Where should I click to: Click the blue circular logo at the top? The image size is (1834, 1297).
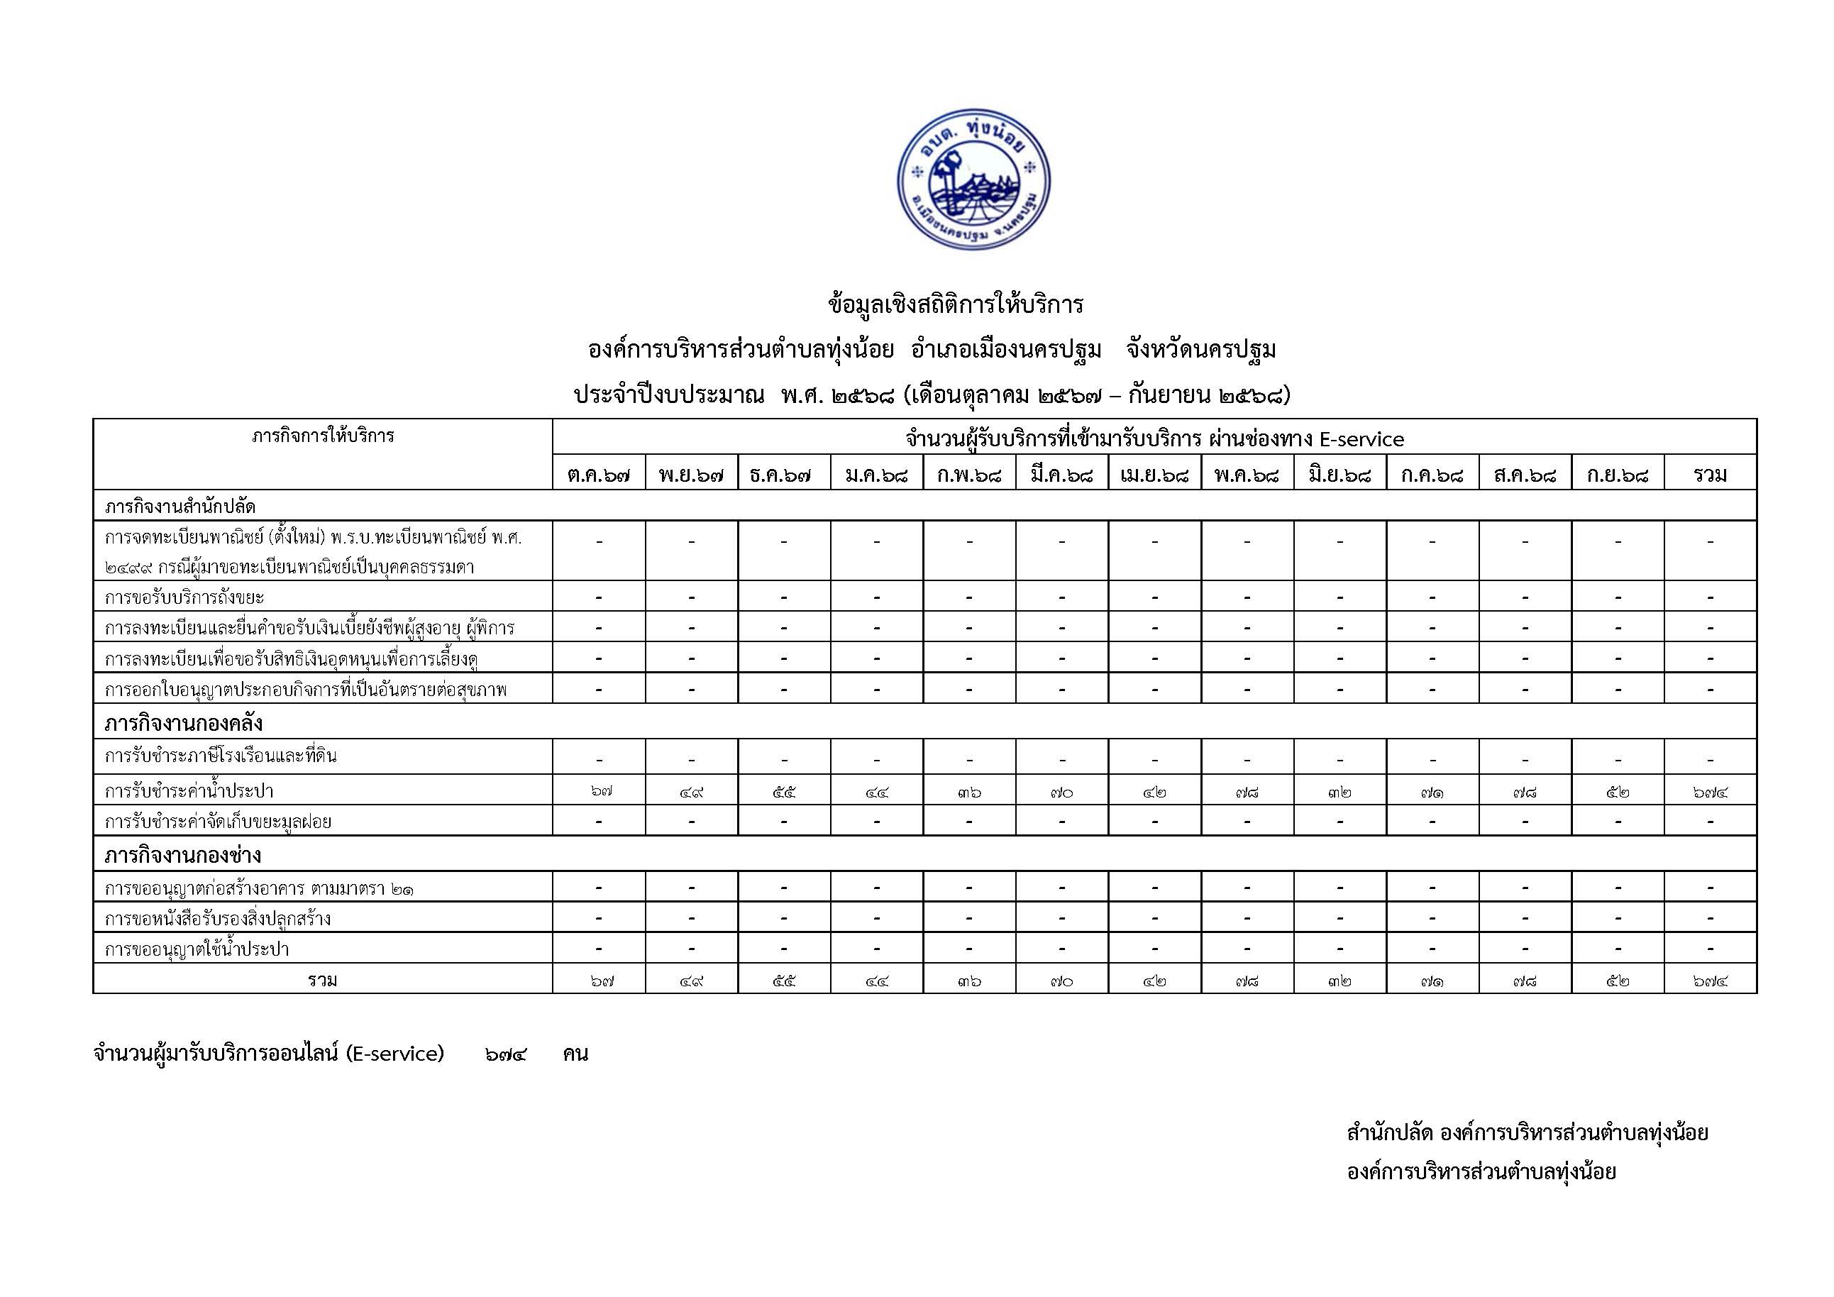(973, 179)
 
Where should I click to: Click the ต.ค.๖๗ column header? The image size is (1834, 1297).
(598, 475)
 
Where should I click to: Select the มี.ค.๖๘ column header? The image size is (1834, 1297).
(1061, 475)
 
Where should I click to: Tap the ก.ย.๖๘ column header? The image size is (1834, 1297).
(1618, 475)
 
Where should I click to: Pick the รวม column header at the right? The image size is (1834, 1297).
(1710, 475)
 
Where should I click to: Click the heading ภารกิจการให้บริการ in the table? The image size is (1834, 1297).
(323, 436)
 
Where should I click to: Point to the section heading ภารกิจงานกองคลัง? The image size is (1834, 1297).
(184, 724)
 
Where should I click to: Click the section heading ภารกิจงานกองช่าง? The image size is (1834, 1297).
(183, 856)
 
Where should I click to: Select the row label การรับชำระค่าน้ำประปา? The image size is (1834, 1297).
(189, 790)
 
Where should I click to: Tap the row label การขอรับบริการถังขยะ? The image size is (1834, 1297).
(184, 597)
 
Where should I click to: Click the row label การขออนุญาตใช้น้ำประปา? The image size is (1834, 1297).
(197, 949)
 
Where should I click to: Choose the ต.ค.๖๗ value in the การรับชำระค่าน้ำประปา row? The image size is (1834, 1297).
(598, 791)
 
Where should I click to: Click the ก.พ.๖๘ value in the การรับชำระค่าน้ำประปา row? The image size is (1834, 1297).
(969, 791)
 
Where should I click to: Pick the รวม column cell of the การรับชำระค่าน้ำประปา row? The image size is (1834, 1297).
(1710, 791)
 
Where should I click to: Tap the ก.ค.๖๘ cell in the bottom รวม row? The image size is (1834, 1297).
(1432, 980)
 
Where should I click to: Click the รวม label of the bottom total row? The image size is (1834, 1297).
(323, 980)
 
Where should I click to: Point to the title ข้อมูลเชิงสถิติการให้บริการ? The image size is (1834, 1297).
(956, 304)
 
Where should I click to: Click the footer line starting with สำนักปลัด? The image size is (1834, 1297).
(1527, 1132)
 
